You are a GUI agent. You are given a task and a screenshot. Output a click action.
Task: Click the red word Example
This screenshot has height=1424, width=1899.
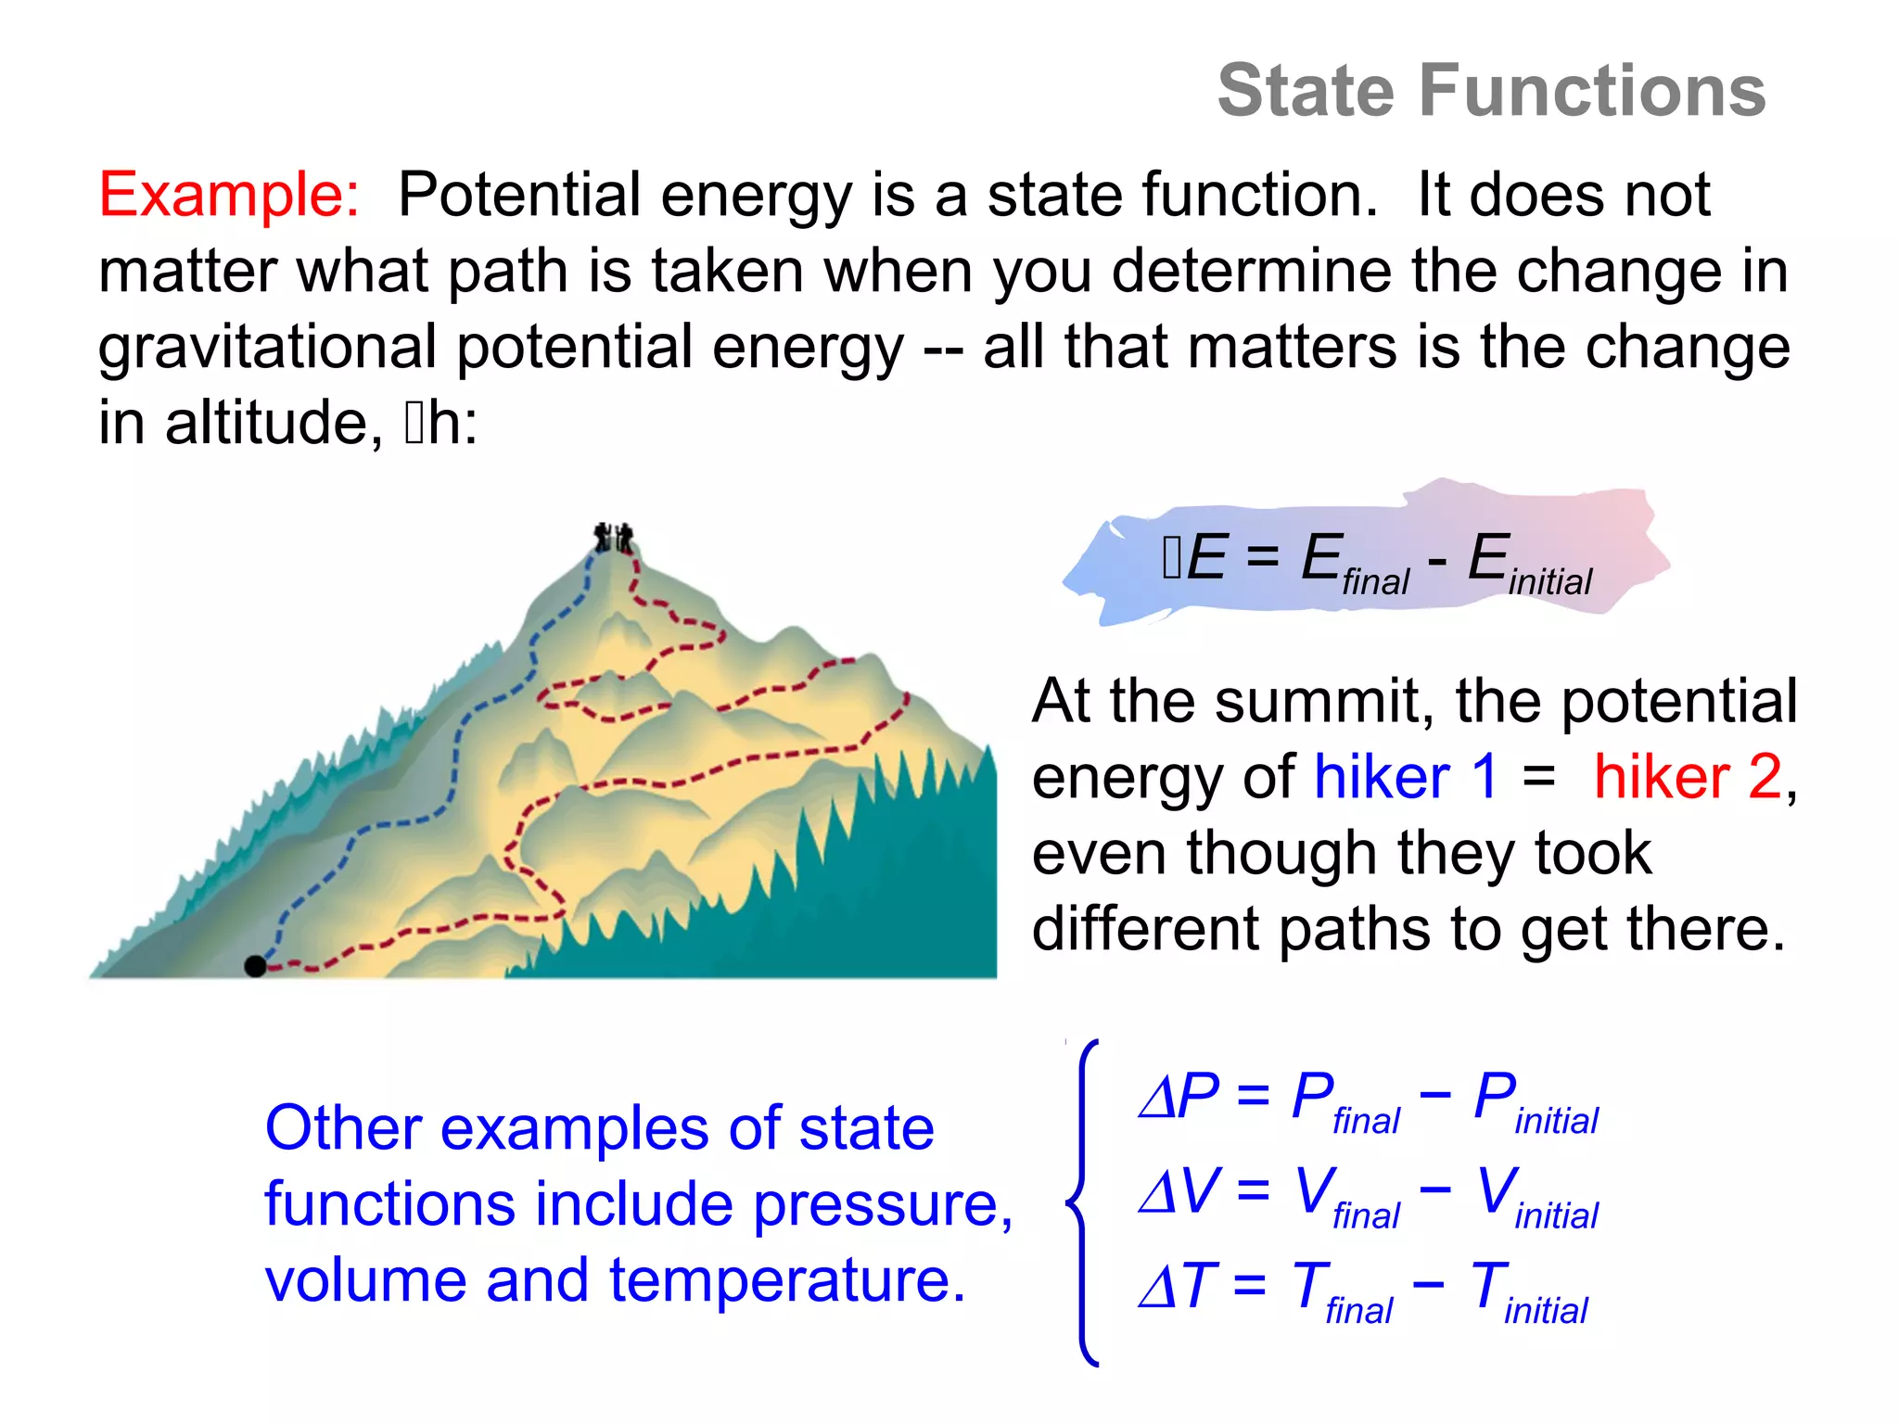click(228, 196)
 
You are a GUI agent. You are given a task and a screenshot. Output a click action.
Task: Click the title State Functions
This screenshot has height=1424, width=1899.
click(1491, 91)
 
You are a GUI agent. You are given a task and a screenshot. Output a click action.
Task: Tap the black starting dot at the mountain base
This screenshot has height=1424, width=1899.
click(255, 966)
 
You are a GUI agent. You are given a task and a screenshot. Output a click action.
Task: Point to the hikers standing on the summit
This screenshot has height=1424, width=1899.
click(613, 538)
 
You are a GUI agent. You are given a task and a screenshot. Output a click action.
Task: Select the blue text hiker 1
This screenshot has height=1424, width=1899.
click(1406, 776)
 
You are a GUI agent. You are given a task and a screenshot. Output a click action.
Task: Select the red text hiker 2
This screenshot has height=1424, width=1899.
click(1688, 776)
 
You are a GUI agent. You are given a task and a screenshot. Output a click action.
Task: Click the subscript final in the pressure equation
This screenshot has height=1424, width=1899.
click(1366, 1122)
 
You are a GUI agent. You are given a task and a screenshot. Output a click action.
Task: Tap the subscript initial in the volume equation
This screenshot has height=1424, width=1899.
click(1556, 1216)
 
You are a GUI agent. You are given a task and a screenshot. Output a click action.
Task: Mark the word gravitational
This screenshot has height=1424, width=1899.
click(267, 348)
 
